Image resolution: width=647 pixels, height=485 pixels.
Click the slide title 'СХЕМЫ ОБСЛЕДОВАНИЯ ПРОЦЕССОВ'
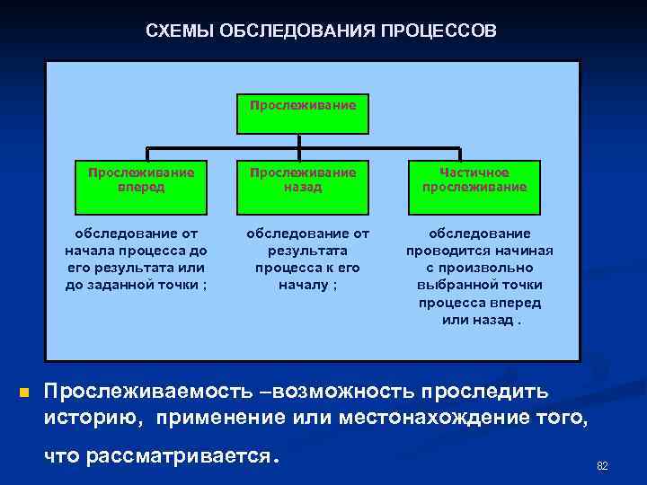pyautogui.click(x=320, y=31)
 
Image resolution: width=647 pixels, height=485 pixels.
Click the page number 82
pyautogui.click(x=602, y=465)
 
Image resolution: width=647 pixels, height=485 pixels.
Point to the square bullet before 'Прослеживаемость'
pyautogui.click(x=24, y=392)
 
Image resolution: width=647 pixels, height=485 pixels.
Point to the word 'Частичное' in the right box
pyautogui.click(x=474, y=172)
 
